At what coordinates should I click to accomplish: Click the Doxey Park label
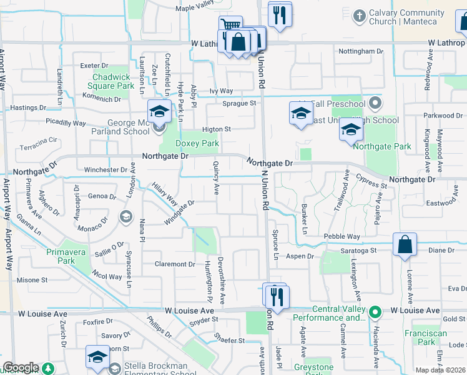click(197, 143)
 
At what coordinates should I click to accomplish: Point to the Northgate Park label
click(382, 146)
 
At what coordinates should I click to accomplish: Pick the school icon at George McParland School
click(160, 111)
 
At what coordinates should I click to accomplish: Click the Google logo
click(21, 367)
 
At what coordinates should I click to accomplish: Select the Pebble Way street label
click(342, 236)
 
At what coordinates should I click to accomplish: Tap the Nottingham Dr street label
click(360, 51)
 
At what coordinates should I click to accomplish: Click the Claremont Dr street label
click(175, 264)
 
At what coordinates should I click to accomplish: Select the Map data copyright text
click(440, 370)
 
